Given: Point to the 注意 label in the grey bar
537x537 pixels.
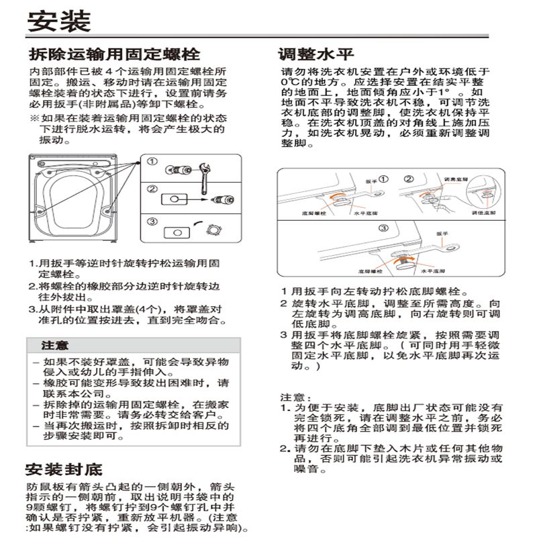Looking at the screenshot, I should point(54,346).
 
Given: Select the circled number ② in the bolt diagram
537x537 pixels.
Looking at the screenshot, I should point(152,190).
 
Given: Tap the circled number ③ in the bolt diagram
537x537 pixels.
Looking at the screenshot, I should point(152,222).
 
